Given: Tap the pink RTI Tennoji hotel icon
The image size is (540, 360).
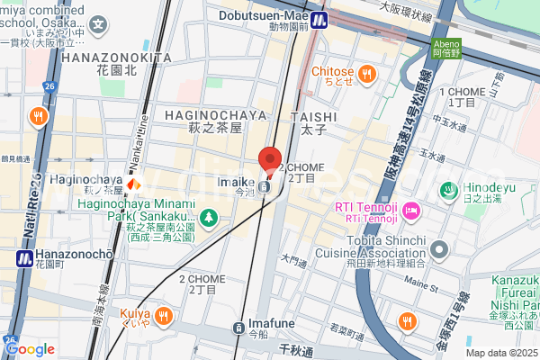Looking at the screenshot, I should point(411,211).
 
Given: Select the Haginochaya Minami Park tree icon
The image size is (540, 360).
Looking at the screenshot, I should point(208,217).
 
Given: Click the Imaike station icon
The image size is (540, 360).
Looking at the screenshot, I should point(263,187).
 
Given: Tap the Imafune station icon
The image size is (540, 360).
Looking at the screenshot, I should point(238,328).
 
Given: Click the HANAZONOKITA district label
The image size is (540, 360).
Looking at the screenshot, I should point(117,57).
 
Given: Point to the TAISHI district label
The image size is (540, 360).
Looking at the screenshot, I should point(314,117).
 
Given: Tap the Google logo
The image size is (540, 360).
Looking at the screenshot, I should point(29,349).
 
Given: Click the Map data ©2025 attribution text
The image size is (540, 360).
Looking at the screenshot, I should point(500,353).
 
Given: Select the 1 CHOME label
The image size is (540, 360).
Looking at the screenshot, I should point(462,92).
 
